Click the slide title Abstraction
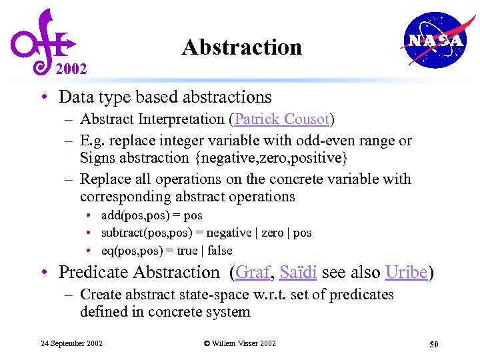click(x=241, y=47)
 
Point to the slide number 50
click(x=433, y=344)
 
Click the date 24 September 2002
click(x=72, y=343)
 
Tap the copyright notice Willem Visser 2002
click(x=239, y=343)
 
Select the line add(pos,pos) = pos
click(x=151, y=215)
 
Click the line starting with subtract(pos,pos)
click(x=206, y=233)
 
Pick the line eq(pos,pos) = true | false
click(x=167, y=250)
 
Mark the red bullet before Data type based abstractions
click(x=42, y=97)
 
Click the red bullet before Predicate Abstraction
click(x=42, y=273)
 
